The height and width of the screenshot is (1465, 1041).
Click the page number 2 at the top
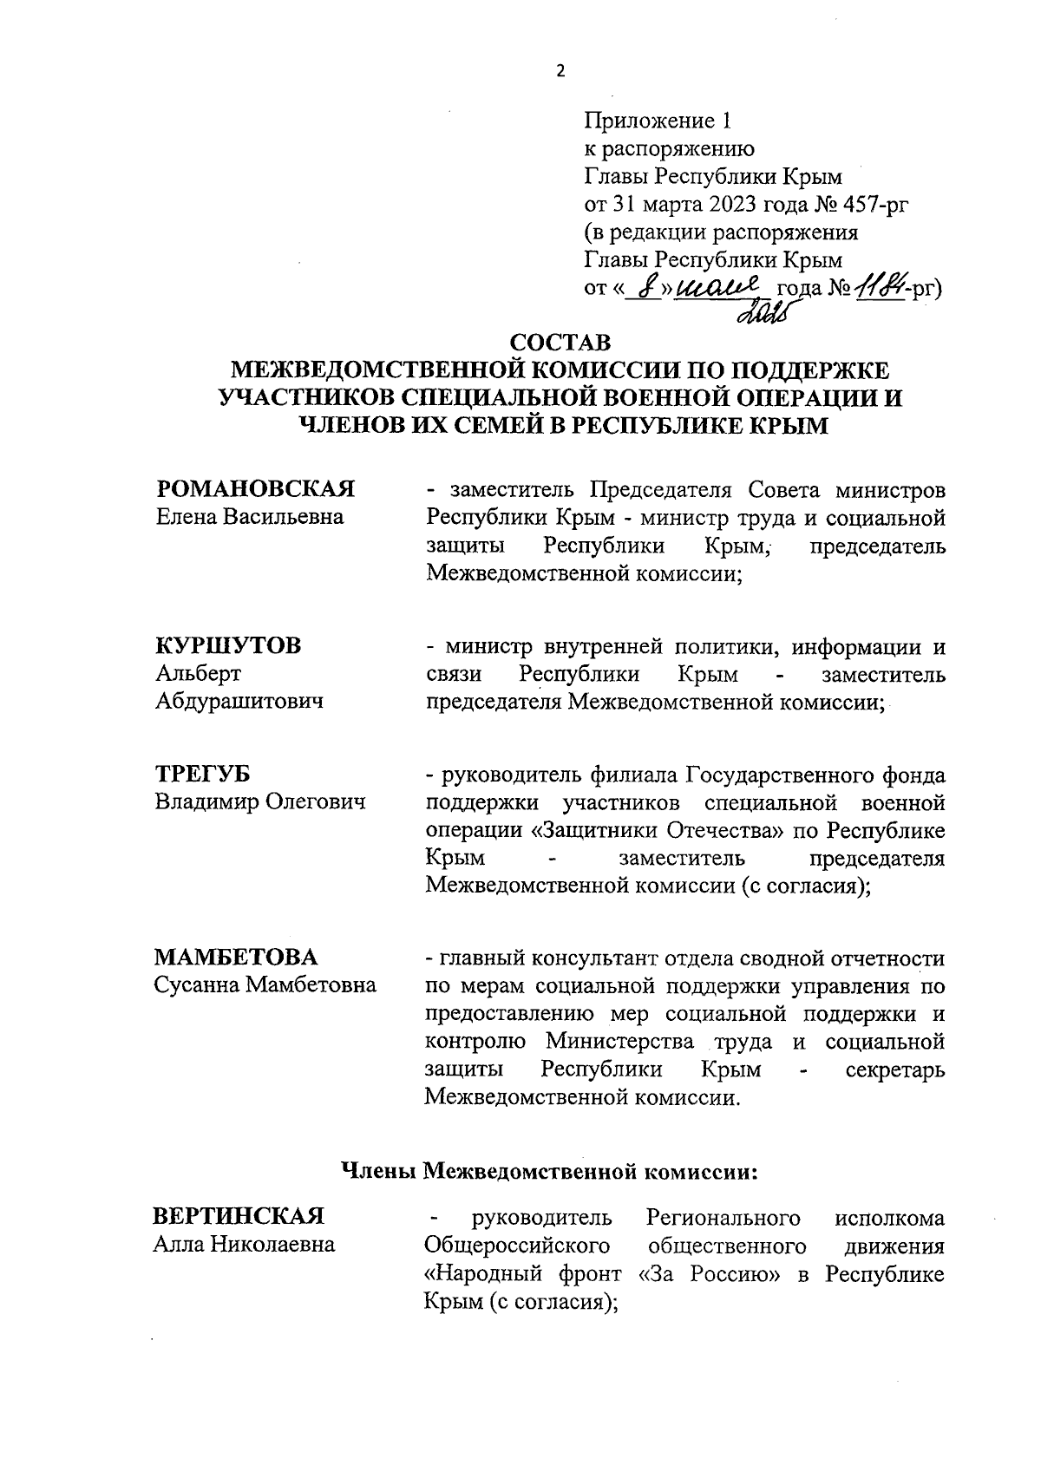(560, 71)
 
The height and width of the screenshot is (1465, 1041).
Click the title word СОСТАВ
(560, 343)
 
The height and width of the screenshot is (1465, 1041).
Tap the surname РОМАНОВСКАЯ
(255, 489)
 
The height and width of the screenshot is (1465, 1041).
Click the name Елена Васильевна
(249, 517)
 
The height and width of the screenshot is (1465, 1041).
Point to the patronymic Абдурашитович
(239, 701)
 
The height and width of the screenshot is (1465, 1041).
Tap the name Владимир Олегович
(260, 802)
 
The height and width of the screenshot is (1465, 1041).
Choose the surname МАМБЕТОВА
(236, 958)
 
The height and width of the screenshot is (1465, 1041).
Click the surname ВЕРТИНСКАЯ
(239, 1217)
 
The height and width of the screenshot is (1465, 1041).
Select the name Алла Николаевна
(245, 1245)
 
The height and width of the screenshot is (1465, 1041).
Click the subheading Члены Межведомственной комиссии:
(548, 1172)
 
